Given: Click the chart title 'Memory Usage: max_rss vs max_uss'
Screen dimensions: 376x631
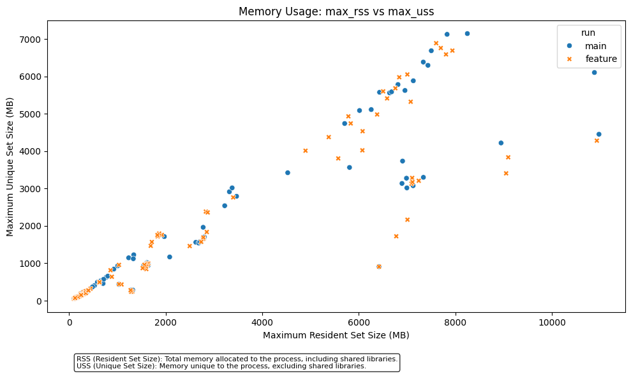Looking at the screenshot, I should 336,11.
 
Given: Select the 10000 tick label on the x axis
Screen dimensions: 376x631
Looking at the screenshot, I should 553,323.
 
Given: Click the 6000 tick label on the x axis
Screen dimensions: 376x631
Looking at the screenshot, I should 359,323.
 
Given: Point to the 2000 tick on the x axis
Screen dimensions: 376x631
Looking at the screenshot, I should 166,313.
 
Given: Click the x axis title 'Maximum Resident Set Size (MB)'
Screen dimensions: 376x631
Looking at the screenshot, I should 336,335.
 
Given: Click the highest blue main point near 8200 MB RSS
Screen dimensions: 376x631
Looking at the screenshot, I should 467,33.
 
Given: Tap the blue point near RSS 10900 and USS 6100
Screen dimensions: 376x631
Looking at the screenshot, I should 594,72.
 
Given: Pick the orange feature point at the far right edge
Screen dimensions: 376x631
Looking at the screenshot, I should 597,140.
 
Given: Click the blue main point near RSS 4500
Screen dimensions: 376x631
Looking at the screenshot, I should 288,172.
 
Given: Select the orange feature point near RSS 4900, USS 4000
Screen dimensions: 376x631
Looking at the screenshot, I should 306,151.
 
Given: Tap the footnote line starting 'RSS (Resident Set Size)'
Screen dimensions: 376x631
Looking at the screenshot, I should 237,359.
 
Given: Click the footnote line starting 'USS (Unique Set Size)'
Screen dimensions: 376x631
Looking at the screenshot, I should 221,366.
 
